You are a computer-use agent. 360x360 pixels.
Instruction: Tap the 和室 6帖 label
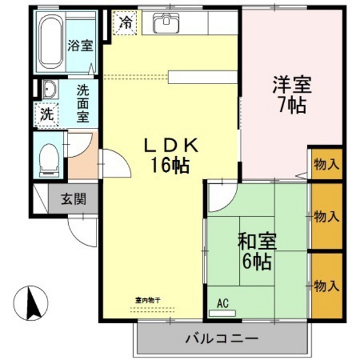pos(256,251)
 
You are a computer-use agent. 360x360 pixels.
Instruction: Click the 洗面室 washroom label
pos(83,104)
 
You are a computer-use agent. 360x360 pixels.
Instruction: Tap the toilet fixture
pos(48,158)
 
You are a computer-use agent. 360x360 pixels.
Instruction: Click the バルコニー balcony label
pos(222,337)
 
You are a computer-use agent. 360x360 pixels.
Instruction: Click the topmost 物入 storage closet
pos(326,165)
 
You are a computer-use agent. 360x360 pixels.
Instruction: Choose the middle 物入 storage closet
pos(326,216)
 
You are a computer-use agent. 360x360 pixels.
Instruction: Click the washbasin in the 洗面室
pos(49,88)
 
